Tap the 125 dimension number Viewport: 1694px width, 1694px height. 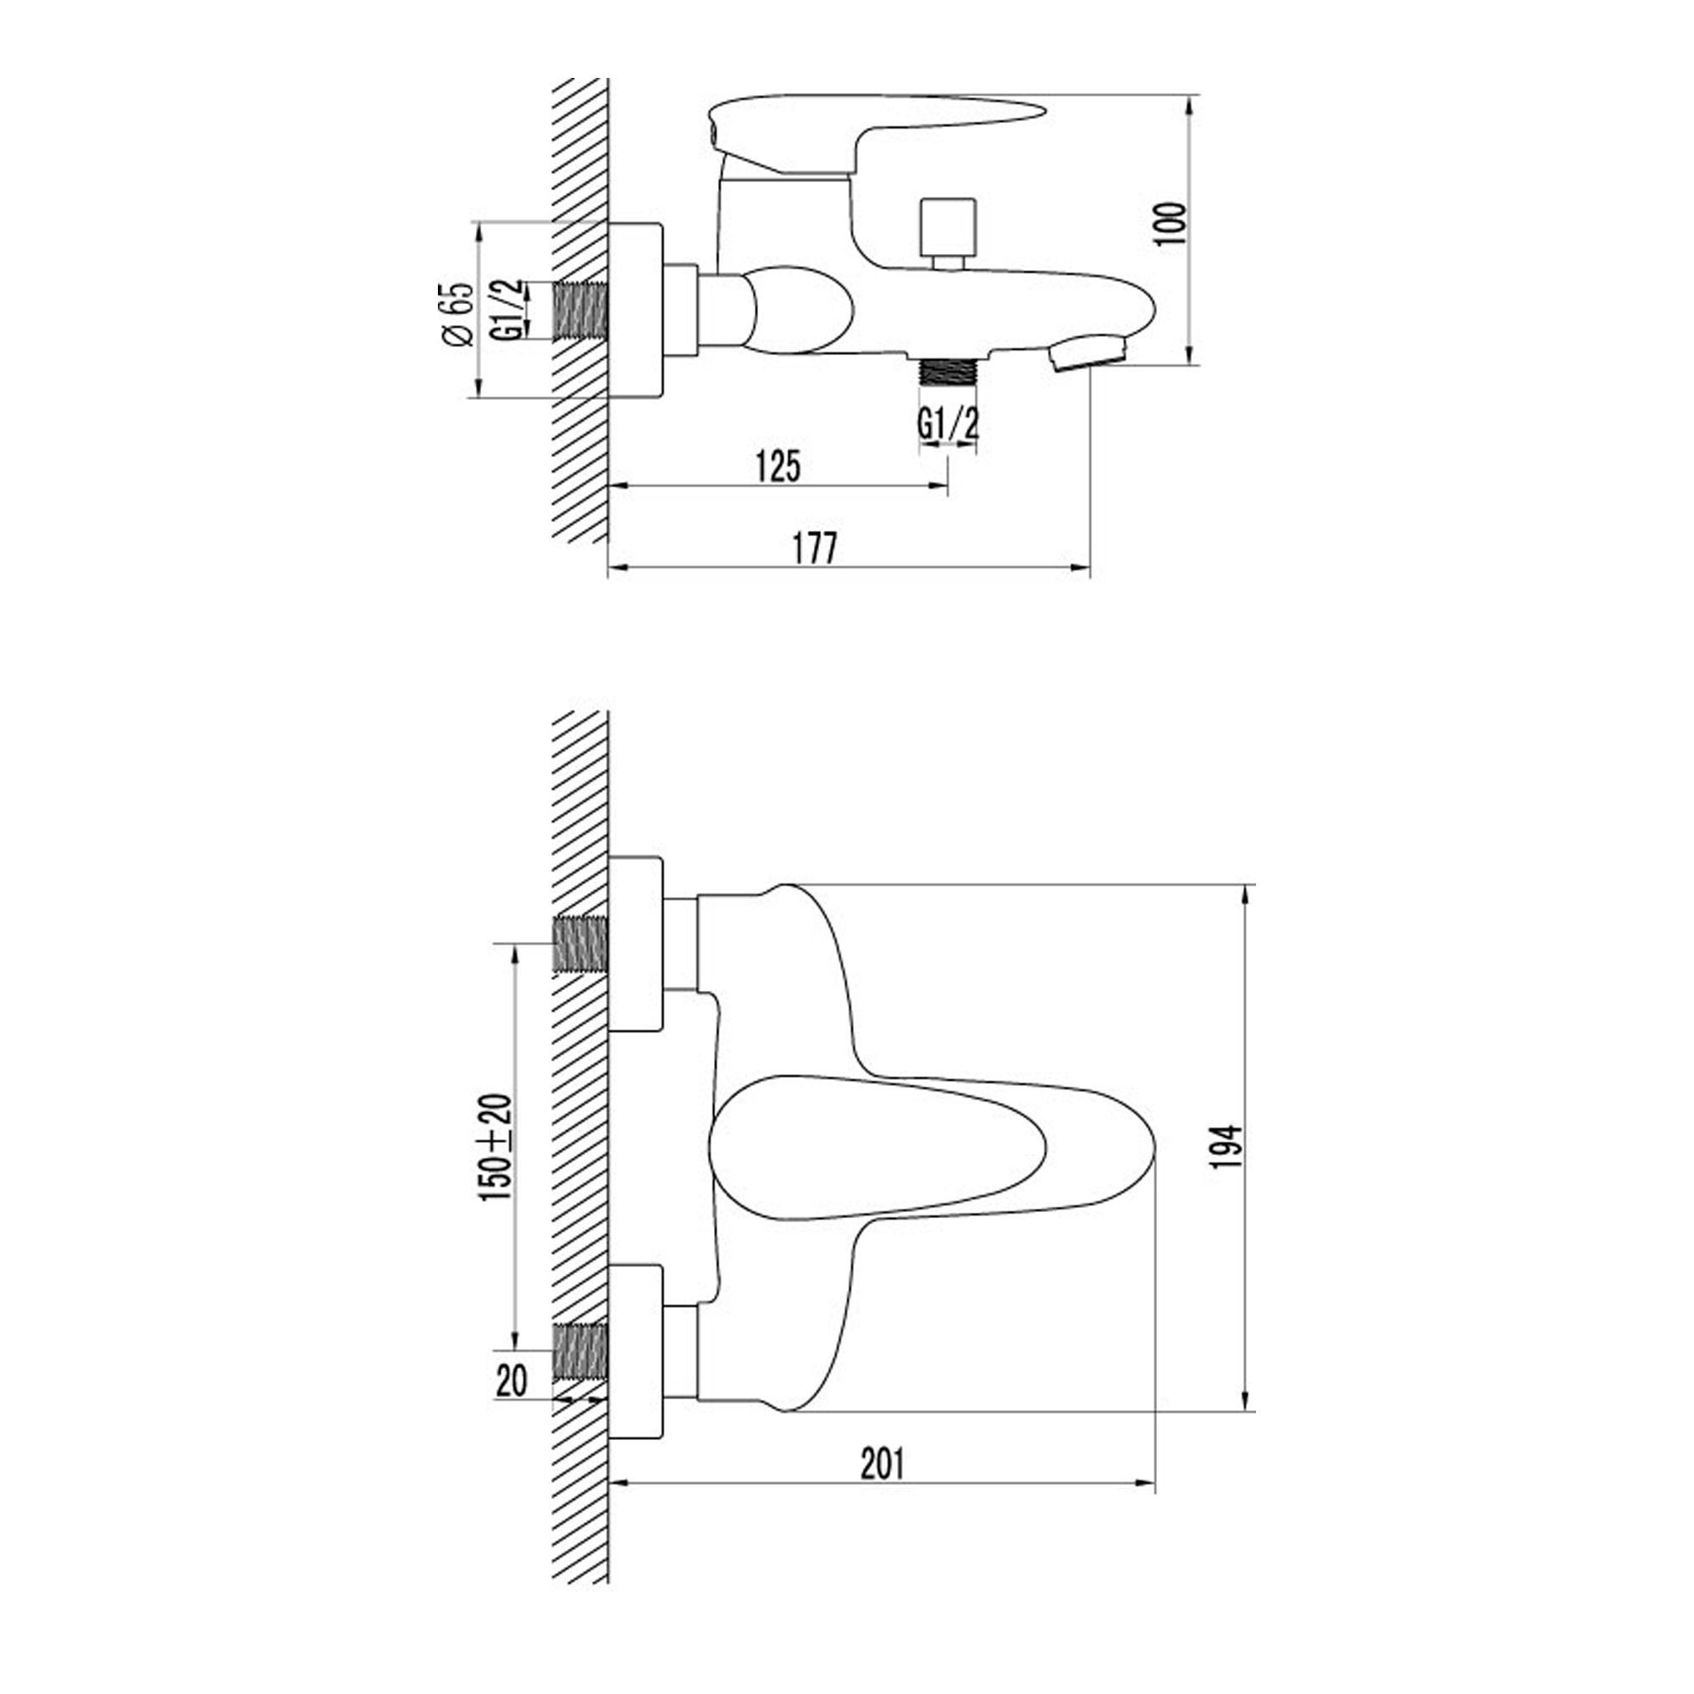point(778,467)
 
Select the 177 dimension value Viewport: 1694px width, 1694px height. point(816,548)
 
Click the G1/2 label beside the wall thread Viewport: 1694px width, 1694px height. point(507,309)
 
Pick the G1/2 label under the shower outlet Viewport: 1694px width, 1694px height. point(948,425)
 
